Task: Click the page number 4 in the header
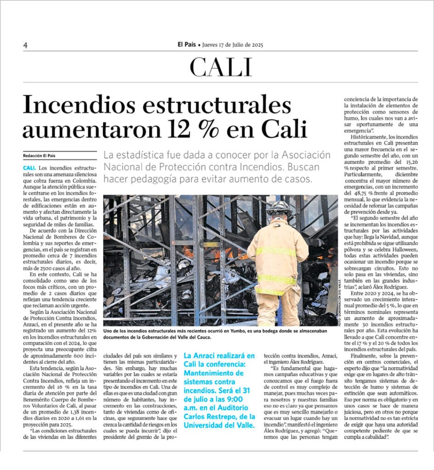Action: click(26, 45)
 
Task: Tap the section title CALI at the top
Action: click(221, 67)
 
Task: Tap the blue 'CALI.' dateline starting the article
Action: click(29, 168)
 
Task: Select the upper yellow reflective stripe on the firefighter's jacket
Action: click(276, 251)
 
